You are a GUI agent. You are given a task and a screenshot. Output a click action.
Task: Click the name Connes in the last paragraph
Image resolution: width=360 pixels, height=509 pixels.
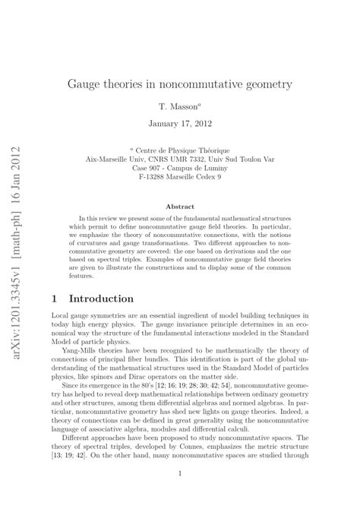tap(200, 451)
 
